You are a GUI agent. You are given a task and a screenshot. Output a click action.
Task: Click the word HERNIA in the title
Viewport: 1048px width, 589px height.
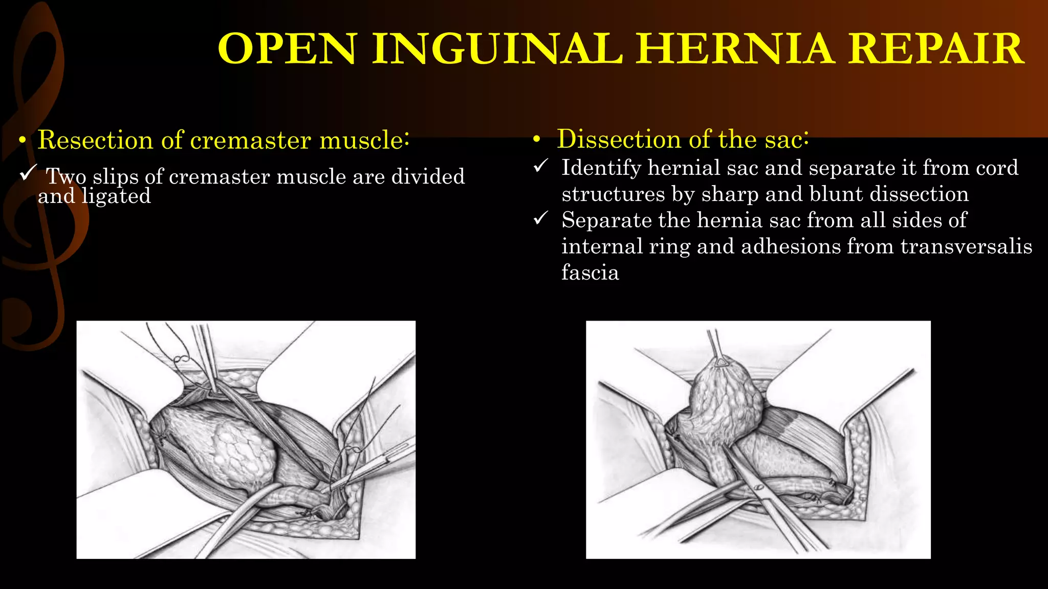pos(735,49)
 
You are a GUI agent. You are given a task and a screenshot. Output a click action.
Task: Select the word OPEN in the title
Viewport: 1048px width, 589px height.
pos(287,49)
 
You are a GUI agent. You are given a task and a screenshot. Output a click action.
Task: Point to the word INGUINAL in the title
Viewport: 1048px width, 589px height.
pos(497,49)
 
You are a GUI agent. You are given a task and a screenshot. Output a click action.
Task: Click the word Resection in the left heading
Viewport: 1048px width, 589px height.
pos(95,140)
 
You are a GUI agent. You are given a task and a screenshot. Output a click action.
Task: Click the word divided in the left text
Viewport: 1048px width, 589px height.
pos(428,177)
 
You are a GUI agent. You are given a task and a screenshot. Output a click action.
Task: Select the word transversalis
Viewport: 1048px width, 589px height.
pos(966,246)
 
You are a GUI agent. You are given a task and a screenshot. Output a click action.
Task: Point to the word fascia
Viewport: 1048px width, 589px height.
pos(590,273)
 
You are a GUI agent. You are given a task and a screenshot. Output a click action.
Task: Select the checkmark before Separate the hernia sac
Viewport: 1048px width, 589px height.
pos(541,218)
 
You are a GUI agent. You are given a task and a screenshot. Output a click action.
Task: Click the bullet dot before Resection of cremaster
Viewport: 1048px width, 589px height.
pos(21,141)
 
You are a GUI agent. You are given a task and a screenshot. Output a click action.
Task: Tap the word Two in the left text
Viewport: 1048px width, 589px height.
pos(66,177)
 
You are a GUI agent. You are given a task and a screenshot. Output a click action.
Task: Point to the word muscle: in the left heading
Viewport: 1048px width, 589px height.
pos(364,140)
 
